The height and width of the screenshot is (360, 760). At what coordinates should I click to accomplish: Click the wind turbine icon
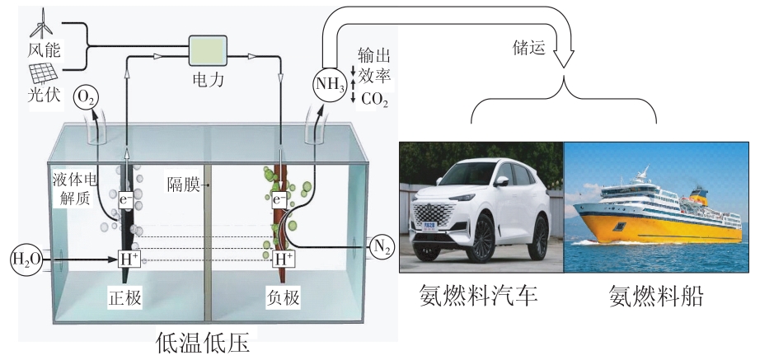[x=43, y=23]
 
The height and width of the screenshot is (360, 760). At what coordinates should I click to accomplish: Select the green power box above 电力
[x=208, y=50]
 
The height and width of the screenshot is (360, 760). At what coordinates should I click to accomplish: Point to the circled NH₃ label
[x=330, y=84]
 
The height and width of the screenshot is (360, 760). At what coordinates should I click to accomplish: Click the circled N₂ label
[x=382, y=246]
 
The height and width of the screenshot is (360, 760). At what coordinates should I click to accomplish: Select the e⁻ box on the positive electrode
[x=125, y=199]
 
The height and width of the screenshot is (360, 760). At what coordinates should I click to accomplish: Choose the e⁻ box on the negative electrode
[x=279, y=199]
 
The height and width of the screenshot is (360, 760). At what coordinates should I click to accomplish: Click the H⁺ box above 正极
[x=129, y=259]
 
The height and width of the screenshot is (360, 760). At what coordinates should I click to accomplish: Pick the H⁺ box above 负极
[x=284, y=259]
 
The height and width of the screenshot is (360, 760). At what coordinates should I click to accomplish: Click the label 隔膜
[x=183, y=185]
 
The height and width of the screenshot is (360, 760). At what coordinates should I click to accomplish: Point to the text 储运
[x=529, y=47]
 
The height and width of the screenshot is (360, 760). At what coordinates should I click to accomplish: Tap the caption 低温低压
[x=204, y=344]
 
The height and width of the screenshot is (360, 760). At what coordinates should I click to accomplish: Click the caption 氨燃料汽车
[x=478, y=296]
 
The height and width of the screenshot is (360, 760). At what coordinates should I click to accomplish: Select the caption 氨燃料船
[x=655, y=296]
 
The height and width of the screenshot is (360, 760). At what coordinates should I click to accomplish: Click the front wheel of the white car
[x=481, y=238]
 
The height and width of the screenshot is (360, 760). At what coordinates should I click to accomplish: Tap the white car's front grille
[x=431, y=213]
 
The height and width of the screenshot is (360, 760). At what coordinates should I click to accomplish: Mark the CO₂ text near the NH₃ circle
[x=375, y=101]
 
